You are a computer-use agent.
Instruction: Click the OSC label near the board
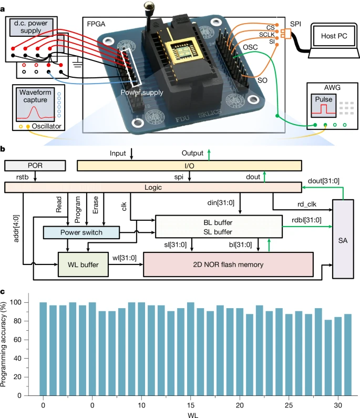tap(250, 48)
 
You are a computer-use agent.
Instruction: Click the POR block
tap(34, 166)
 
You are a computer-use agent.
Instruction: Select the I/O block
tap(189, 166)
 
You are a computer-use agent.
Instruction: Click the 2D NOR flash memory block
tap(228, 261)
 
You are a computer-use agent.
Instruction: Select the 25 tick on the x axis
tap(289, 406)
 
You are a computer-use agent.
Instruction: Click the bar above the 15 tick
tap(191, 349)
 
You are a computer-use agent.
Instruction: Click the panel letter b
tap(4, 150)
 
